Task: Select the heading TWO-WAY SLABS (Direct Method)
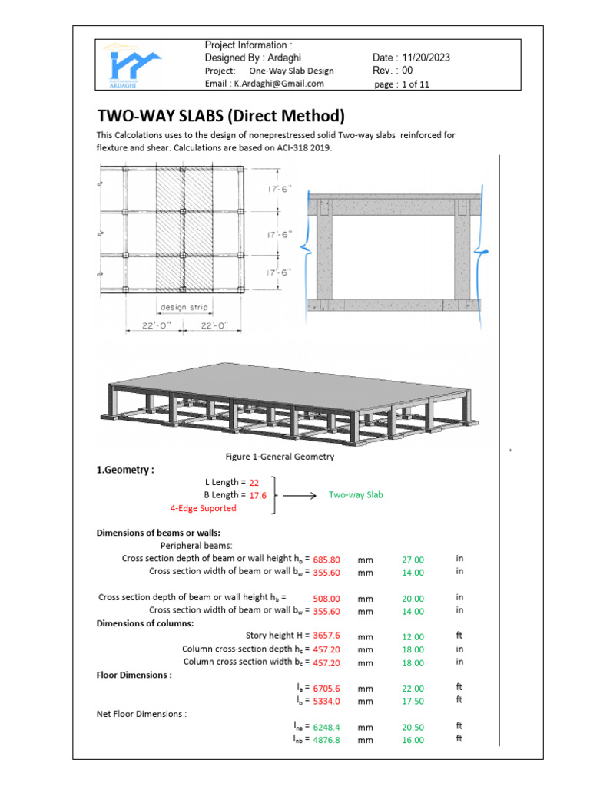(220, 116)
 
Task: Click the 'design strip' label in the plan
(181, 309)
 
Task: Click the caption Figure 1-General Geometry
(280, 457)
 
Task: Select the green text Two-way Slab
(356, 495)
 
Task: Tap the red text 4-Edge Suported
(203, 508)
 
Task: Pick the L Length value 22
(254, 483)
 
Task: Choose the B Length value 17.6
(257, 496)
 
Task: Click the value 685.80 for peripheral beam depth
(326, 560)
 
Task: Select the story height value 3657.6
(326, 636)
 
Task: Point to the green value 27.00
(413, 560)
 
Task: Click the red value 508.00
(326, 599)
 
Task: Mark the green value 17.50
(413, 701)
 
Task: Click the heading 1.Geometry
(125, 470)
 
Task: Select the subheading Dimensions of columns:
(145, 623)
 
